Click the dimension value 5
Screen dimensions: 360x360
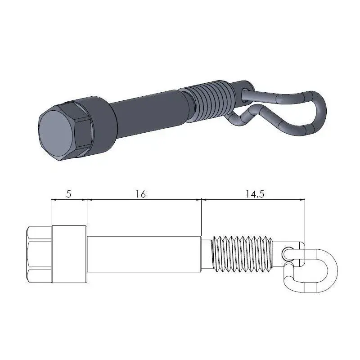[68, 194]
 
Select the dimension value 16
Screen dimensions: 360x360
[140, 194]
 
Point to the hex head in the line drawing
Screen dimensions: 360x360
[39, 255]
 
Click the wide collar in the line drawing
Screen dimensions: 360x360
[69, 255]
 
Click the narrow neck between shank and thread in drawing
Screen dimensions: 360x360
[206, 255]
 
